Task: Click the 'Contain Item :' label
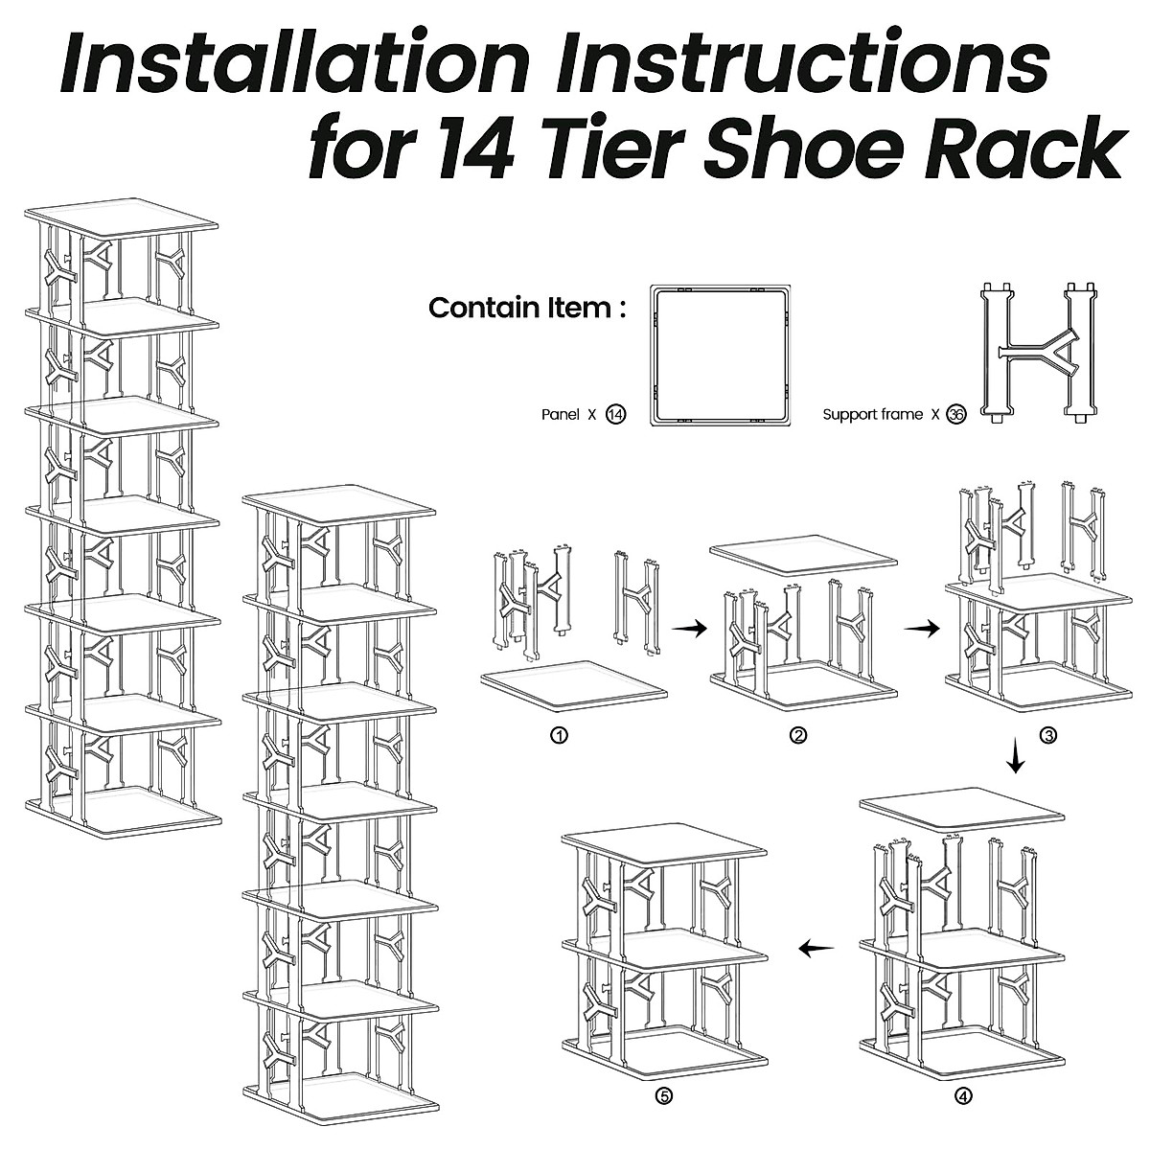pyautogui.click(x=527, y=308)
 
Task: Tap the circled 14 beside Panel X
pyautogui.click(x=616, y=414)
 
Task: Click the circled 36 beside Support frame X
pyautogui.click(x=955, y=414)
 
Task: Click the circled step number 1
pyautogui.click(x=560, y=736)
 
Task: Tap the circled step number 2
pyautogui.click(x=798, y=736)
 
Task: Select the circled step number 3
pyautogui.click(x=1048, y=736)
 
